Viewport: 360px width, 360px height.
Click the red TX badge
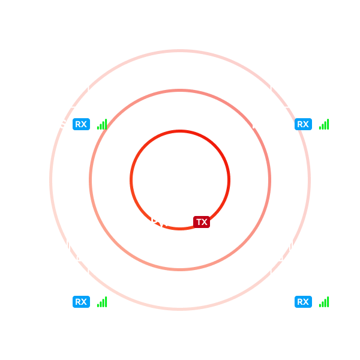(x=202, y=222)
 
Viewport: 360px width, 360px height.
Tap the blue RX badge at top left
(x=81, y=124)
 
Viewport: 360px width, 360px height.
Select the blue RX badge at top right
(x=304, y=124)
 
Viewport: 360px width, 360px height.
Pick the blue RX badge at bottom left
(x=81, y=302)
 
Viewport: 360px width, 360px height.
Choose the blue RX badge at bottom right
(x=304, y=302)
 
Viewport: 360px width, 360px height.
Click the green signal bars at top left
(x=102, y=124)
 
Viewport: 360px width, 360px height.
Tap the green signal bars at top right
(x=324, y=124)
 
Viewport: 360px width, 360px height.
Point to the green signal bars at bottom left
(x=102, y=302)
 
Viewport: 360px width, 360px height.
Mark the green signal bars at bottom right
(x=324, y=302)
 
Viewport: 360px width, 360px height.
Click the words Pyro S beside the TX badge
(x=169, y=223)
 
